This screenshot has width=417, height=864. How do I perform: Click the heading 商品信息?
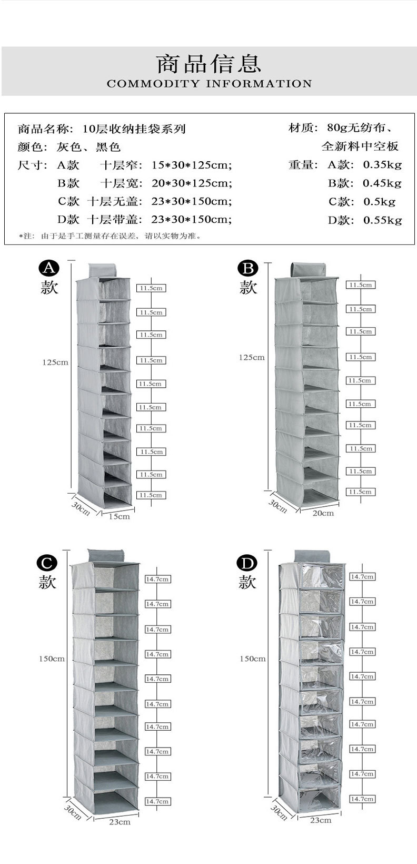209,64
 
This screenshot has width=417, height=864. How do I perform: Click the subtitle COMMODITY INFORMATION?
209,84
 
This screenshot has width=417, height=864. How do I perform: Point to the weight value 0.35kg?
382,165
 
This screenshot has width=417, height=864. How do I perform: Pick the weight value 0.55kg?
382,220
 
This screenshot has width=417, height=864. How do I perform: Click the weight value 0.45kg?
382,183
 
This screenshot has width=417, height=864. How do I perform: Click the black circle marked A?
49,269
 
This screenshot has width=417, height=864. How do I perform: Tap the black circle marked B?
247,269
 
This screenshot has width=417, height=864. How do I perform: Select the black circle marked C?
47,563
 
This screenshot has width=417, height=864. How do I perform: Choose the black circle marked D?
247,563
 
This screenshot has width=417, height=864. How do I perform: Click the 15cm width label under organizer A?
119,516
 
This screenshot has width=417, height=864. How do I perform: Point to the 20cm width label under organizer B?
323,513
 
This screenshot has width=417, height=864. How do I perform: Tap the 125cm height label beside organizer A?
55,362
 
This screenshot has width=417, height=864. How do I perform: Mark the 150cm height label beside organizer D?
253,659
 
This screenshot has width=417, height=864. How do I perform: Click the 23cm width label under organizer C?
120,822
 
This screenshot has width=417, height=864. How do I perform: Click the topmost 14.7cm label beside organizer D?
362,577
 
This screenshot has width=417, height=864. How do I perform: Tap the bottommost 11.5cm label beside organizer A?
151,495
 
